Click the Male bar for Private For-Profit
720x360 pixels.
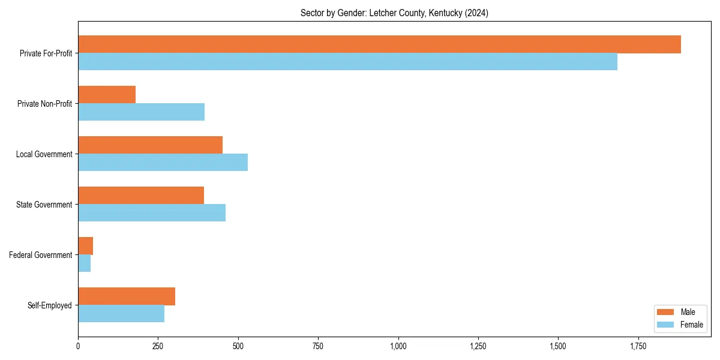click(379, 44)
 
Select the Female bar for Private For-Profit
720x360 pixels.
click(347, 62)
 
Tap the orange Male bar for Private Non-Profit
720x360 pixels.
click(107, 95)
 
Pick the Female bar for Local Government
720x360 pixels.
click(163, 163)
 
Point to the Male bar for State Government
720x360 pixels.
click(141, 196)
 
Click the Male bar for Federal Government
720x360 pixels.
click(85, 246)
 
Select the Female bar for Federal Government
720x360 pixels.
click(84, 263)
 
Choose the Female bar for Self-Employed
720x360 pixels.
click(121, 314)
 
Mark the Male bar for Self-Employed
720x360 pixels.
click(127, 296)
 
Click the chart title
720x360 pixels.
click(394, 13)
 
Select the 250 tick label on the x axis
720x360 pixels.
click(158, 346)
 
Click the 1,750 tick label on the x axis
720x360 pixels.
click(638, 346)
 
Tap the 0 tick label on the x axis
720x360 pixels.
click(78, 346)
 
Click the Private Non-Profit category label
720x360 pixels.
click(44, 104)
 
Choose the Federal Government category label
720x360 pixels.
click(41, 255)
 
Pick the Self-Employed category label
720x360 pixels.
click(50, 305)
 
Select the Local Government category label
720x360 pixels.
click(44, 154)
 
